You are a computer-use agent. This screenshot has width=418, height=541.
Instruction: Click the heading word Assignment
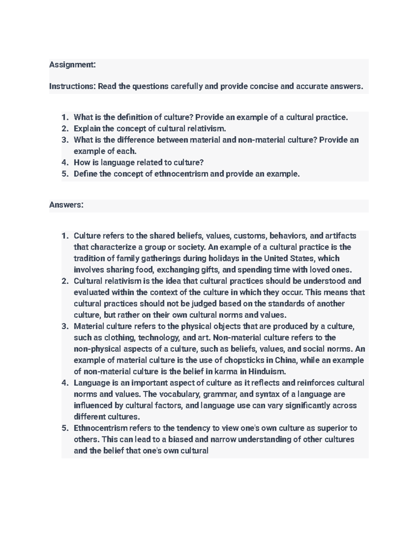[x=72, y=65]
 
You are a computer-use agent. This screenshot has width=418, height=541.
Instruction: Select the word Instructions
[x=72, y=86]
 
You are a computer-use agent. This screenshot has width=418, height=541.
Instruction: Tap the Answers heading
[x=66, y=205]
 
